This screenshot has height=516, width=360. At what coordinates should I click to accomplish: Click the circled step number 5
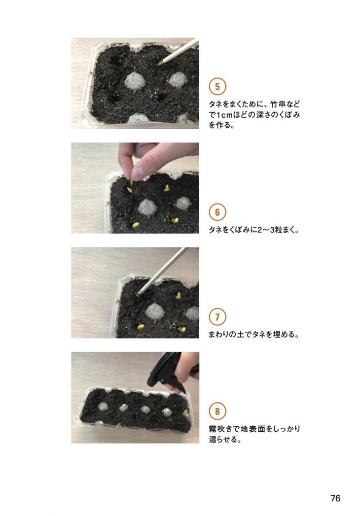click(218, 87)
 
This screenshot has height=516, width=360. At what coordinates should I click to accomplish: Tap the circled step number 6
click(218, 212)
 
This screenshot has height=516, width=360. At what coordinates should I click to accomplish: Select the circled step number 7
click(218, 317)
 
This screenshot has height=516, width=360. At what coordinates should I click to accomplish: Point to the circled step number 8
click(218, 411)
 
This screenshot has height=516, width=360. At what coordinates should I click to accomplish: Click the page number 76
click(335, 498)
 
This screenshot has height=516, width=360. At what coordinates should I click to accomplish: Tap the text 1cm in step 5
click(224, 115)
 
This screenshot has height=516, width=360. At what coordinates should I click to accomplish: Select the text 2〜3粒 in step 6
click(268, 230)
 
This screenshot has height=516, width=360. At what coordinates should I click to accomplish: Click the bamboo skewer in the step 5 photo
click(178, 51)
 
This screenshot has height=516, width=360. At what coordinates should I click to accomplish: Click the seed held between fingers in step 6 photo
click(132, 182)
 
